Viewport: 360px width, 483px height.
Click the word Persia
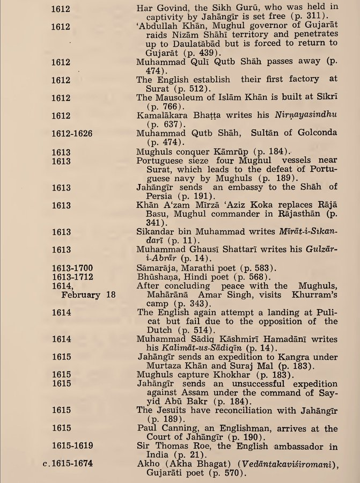pos(152,196)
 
